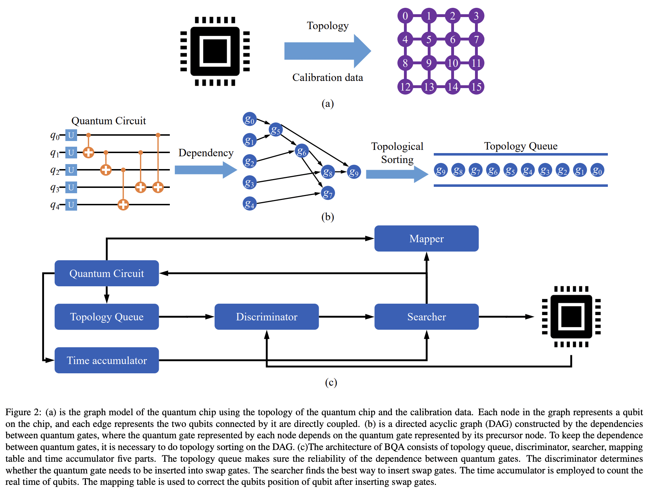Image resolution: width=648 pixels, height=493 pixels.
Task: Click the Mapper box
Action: pyautogui.click(x=426, y=238)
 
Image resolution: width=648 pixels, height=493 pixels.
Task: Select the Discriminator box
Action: pyautogui.click(x=266, y=316)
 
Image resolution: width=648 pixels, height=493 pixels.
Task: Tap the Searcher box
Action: pyautogui.click(x=426, y=316)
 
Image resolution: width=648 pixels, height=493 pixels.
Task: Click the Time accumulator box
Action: pyautogui.click(x=107, y=360)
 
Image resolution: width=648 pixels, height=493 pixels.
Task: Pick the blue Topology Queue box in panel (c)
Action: pyautogui.click(x=107, y=316)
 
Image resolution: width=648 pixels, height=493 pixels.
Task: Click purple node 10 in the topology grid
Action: pyautogui.click(x=453, y=63)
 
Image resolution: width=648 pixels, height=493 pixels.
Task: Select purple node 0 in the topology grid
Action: pyautogui.click(x=405, y=16)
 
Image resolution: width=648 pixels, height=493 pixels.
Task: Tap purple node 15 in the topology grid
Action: pyautogui.click(x=476, y=87)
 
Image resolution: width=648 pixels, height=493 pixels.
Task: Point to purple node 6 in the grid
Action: pyautogui.click(x=453, y=39)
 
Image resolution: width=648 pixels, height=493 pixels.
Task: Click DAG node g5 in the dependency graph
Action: pyautogui.click(x=275, y=130)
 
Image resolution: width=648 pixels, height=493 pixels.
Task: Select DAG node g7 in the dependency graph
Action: pyautogui.click(x=328, y=193)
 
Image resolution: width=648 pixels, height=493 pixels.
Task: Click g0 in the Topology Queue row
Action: pyautogui.click(x=597, y=170)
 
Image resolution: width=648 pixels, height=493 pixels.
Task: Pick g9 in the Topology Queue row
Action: pyautogui.click(x=441, y=170)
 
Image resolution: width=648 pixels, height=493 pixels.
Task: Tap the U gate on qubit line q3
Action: pyautogui.click(x=71, y=187)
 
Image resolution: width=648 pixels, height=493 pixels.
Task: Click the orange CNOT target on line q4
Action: pyautogui.click(x=123, y=205)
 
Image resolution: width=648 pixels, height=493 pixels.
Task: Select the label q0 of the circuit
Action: pyautogui.click(x=55, y=135)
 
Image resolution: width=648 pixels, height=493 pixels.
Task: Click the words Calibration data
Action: pyautogui.click(x=328, y=77)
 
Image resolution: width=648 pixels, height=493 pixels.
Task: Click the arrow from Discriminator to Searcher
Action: pyautogui.click(x=346, y=316)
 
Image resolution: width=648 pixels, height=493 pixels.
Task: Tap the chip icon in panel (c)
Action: pyautogui.click(x=571, y=316)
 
